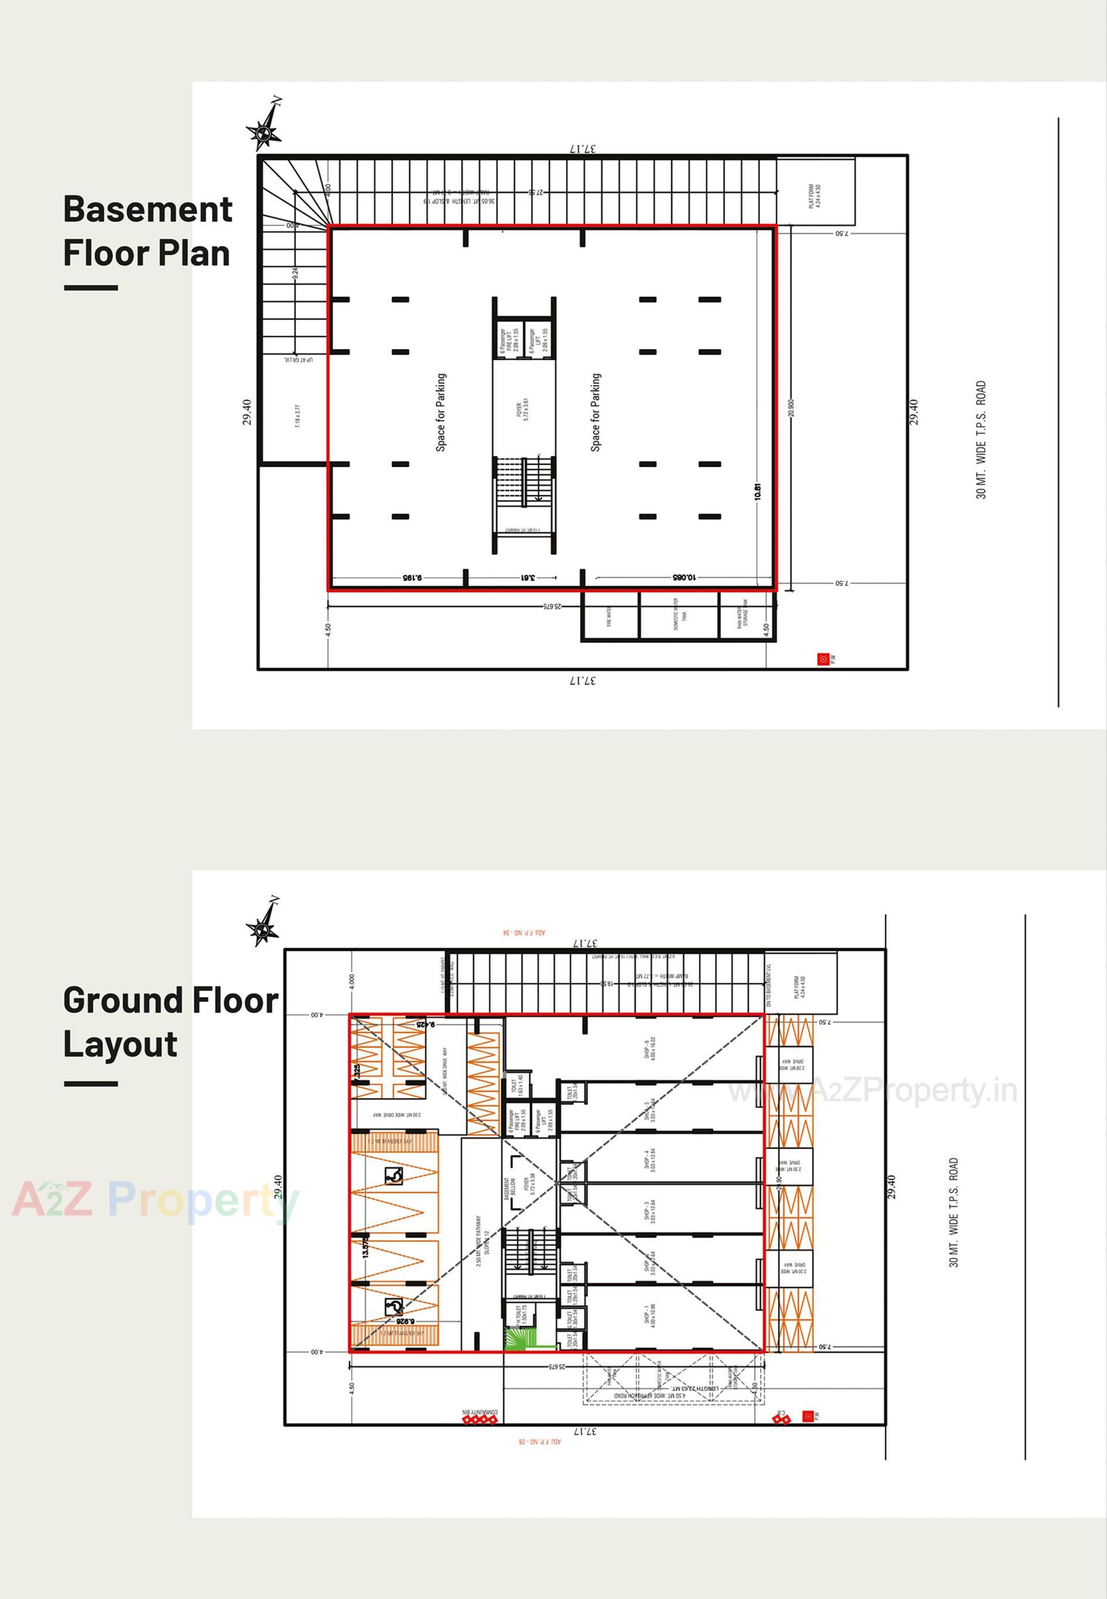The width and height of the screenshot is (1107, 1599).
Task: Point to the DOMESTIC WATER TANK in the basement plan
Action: [x=679, y=613]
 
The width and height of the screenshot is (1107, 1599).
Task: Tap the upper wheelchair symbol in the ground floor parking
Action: [x=393, y=1175]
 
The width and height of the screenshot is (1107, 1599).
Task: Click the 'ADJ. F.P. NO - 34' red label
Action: [x=524, y=933]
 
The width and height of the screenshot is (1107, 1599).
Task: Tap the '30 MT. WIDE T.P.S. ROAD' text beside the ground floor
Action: [x=954, y=1212]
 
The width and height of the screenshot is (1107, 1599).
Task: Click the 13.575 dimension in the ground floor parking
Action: [x=366, y=1246]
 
